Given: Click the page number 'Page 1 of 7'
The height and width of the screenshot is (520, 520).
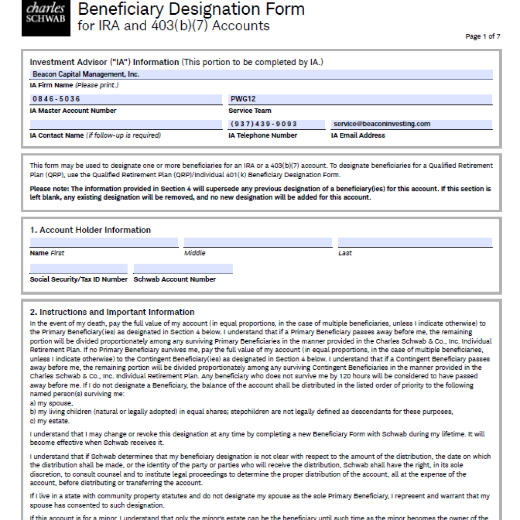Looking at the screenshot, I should tap(482, 37).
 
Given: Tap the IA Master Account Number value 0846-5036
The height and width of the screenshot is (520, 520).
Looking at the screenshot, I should tap(56, 99).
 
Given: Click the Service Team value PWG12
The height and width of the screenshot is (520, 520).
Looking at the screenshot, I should tap(243, 99).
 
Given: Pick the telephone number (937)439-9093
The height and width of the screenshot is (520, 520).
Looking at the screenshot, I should tap(264, 124).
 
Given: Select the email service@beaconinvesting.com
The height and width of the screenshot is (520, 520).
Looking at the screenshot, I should tap(382, 124).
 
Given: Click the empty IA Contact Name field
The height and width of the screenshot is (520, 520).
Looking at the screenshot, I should tap(126, 124).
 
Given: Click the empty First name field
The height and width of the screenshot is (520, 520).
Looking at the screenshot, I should tap(104, 242).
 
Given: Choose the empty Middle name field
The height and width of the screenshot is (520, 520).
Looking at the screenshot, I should tap(257, 242).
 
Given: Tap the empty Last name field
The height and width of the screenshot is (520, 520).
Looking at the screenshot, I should tap(415, 242).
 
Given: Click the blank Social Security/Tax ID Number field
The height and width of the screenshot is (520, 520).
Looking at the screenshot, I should tap(79, 269).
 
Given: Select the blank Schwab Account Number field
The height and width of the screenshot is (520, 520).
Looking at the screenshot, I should tap(183, 269).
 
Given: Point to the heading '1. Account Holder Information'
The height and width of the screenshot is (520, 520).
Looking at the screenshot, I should tap(90, 230).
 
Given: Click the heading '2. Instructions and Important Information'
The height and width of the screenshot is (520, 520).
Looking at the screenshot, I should tap(112, 312).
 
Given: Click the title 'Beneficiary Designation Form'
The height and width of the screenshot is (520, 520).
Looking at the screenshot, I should tap(191, 9).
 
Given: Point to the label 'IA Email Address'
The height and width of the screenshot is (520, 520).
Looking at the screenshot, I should tap(357, 136).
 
